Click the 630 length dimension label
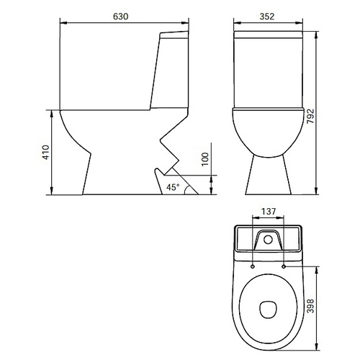click(x=121, y=17)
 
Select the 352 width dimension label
click(x=267, y=17)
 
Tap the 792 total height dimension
click(x=310, y=116)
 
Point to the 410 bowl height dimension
click(x=45, y=152)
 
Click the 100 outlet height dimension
click(x=205, y=159)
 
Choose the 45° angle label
click(x=173, y=187)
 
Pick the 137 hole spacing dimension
click(x=269, y=212)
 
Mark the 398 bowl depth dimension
click(x=310, y=306)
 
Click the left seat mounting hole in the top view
click(x=253, y=266)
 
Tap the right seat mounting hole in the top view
click(x=284, y=266)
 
